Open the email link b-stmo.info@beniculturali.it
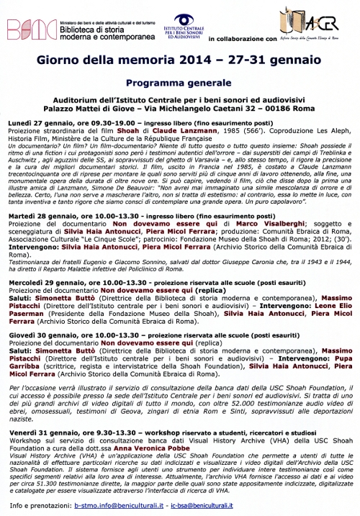pyautogui.click(x=118, y=507)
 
